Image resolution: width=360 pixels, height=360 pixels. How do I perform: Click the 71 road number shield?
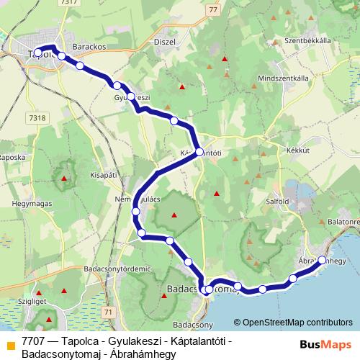[x=107, y=313]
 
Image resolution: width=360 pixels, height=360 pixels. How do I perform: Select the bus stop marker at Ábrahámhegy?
[x=322, y=261]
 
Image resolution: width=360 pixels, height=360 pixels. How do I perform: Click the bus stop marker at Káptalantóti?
[x=199, y=153]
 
